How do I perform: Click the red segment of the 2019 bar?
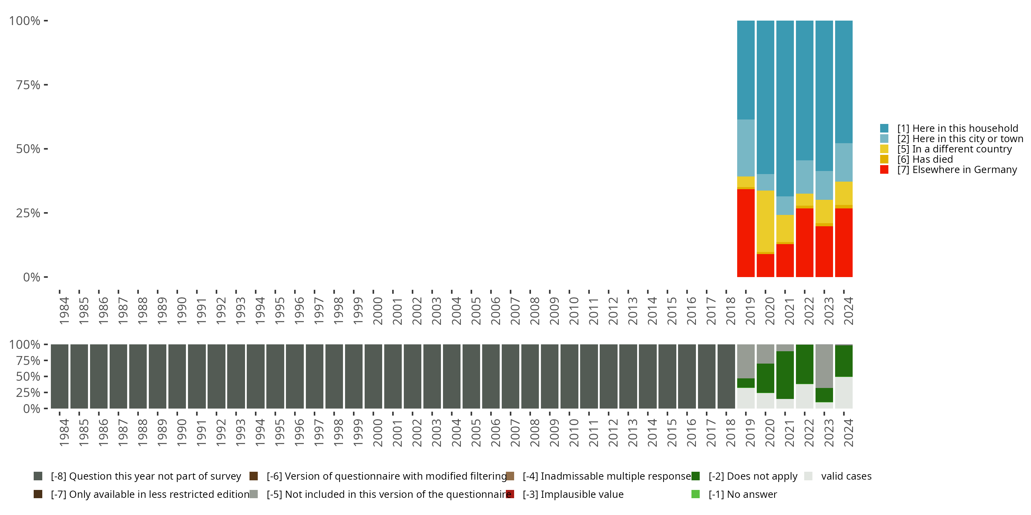(746, 233)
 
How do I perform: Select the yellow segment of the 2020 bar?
(765, 221)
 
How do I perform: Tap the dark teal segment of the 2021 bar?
(785, 108)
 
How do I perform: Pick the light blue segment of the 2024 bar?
(844, 162)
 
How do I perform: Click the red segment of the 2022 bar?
(805, 242)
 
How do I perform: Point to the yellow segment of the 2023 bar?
(824, 211)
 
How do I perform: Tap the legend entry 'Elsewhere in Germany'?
(956, 170)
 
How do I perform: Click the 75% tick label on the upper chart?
(28, 85)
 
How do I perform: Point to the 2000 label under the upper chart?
(377, 311)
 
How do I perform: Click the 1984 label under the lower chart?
(64, 433)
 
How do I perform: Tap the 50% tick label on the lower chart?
(28, 376)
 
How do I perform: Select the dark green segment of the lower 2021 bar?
(785, 375)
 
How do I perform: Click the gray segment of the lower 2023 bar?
(824, 366)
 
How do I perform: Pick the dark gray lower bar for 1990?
(177, 376)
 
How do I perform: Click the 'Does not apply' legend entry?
(752, 476)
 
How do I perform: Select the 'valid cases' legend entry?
(846, 476)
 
